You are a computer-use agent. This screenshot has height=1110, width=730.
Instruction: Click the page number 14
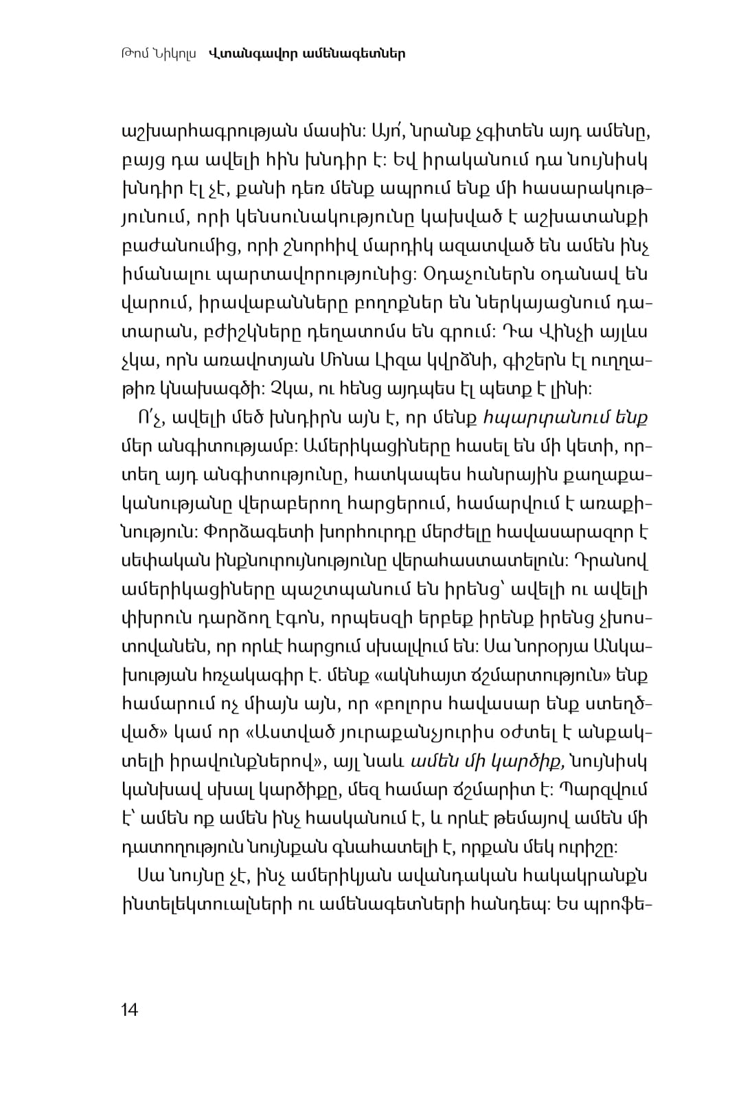(x=129, y=1010)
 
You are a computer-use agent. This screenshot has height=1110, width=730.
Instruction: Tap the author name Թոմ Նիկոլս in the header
(x=158, y=53)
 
